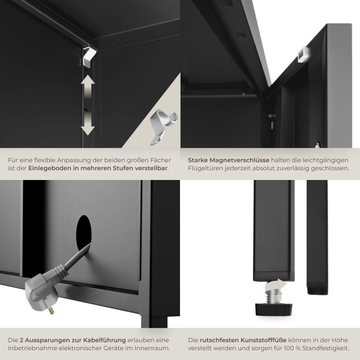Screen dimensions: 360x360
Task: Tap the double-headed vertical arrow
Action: click(x=87, y=105)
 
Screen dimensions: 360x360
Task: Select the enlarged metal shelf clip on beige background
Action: click(x=163, y=127)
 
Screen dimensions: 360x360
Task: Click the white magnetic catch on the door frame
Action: click(x=302, y=54)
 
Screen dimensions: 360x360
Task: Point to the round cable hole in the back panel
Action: click(x=84, y=233)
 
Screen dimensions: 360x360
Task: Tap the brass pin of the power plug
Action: click(x=51, y=310)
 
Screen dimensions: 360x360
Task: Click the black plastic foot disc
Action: click(x=274, y=309)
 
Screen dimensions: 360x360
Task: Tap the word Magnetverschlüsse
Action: click(x=239, y=160)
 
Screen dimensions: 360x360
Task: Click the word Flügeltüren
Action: click(x=205, y=168)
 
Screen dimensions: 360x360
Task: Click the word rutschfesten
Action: click(x=219, y=340)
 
